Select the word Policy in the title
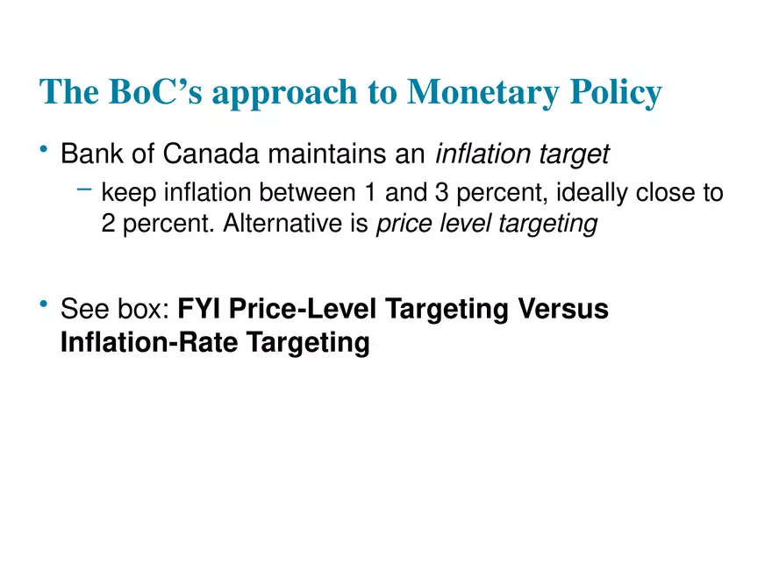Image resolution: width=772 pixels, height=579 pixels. click(618, 93)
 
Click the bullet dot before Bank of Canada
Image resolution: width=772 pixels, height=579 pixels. click(44, 153)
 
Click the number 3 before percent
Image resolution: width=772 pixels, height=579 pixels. click(440, 192)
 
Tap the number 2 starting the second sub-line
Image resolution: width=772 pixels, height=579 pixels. click(109, 224)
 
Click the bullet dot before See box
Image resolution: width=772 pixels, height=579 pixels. click(44, 306)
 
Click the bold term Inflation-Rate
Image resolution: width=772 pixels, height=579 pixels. click(147, 342)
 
